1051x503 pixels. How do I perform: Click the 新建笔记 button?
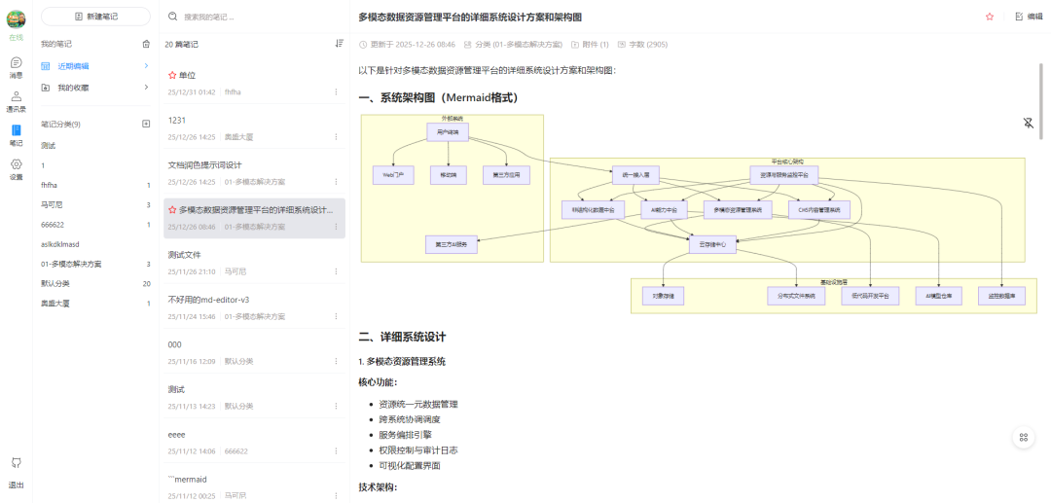pyautogui.click(x=95, y=17)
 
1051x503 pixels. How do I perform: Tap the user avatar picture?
pyautogui.click(x=17, y=18)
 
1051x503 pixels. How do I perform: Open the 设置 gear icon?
pyautogui.click(x=17, y=164)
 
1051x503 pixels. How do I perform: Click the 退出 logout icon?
pyautogui.click(x=17, y=463)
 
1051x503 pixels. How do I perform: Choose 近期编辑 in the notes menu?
pyautogui.click(x=73, y=66)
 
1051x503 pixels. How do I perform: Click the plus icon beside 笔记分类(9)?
pyautogui.click(x=146, y=125)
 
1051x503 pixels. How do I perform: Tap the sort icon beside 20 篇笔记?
pyautogui.click(x=339, y=44)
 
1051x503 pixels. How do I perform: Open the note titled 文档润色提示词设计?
pyautogui.click(x=204, y=164)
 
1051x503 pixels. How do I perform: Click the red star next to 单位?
pyautogui.click(x=172, y=75)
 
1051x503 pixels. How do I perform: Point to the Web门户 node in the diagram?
pyautogui.click(x=392, y=175)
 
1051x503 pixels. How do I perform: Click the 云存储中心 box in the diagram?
pyautogui.click(x=712, y=244)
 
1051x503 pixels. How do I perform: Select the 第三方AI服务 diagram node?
pyautogui.click(x=451, y=244)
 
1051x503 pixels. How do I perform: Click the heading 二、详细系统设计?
pyautogui.click(x=402, y=337)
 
